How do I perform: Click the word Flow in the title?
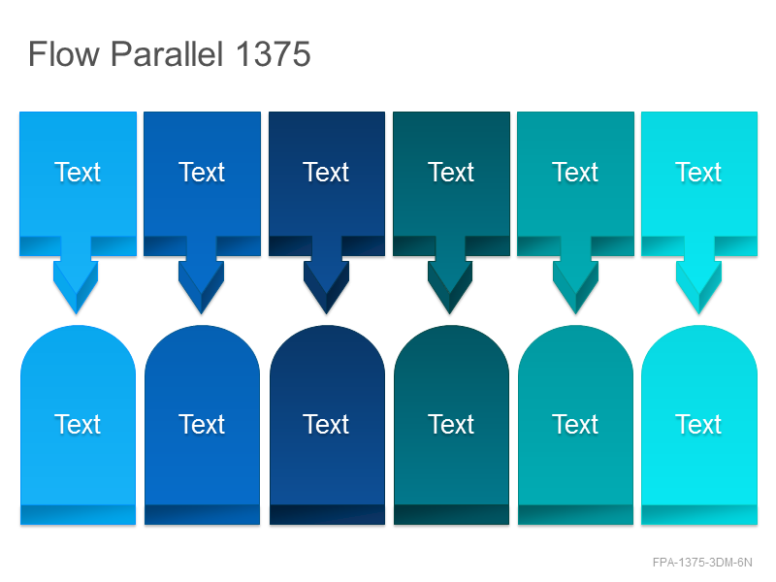pos(64,54)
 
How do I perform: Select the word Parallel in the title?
pos(167,54)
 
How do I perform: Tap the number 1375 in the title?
pos(274,54)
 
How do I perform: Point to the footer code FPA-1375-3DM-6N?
pos(702,563)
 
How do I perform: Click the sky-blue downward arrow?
pos(77,275)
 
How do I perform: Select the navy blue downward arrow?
pos(326,275)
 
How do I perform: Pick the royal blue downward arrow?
pos(202,275)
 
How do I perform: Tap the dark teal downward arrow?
pos(450,275)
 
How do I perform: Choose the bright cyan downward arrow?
pos(698,275)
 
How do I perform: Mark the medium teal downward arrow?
pos(575,275)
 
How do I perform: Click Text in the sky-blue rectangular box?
pos(78,173)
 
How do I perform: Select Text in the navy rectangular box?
pos(326,173)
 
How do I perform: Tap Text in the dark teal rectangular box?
pos(451,173)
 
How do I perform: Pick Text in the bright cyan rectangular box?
pos(698,173)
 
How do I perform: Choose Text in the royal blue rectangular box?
pos(202,173)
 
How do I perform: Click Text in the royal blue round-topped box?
pos(202,424)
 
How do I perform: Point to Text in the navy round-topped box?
pos(326,424)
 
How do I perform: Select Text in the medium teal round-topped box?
pos(575,424)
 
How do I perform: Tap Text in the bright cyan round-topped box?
pos(698,424)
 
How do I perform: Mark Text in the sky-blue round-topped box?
pos(78,424)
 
